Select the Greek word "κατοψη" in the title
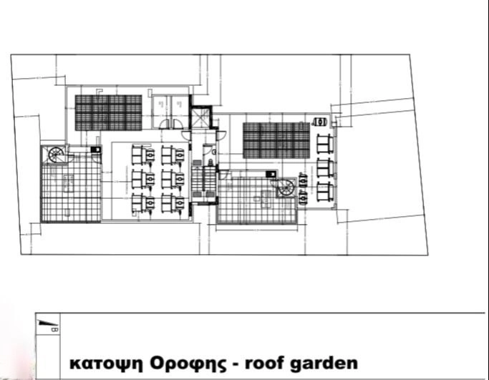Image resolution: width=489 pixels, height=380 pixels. pos(105,362)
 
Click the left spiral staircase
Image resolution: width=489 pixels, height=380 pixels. pos(55,153)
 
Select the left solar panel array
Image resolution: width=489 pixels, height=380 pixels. pos(108,112)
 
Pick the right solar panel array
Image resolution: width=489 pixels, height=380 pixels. pos(276,140)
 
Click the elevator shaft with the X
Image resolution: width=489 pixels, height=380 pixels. pos(201,117)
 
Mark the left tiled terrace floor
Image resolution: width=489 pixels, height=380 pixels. pos(70,191)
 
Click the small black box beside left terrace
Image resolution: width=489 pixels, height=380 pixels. pos(95,149)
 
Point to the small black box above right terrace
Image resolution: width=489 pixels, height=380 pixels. pos(270,174)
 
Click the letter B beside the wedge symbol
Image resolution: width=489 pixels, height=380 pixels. pos(57,329)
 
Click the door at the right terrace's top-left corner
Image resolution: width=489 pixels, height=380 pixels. pos(223,174)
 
